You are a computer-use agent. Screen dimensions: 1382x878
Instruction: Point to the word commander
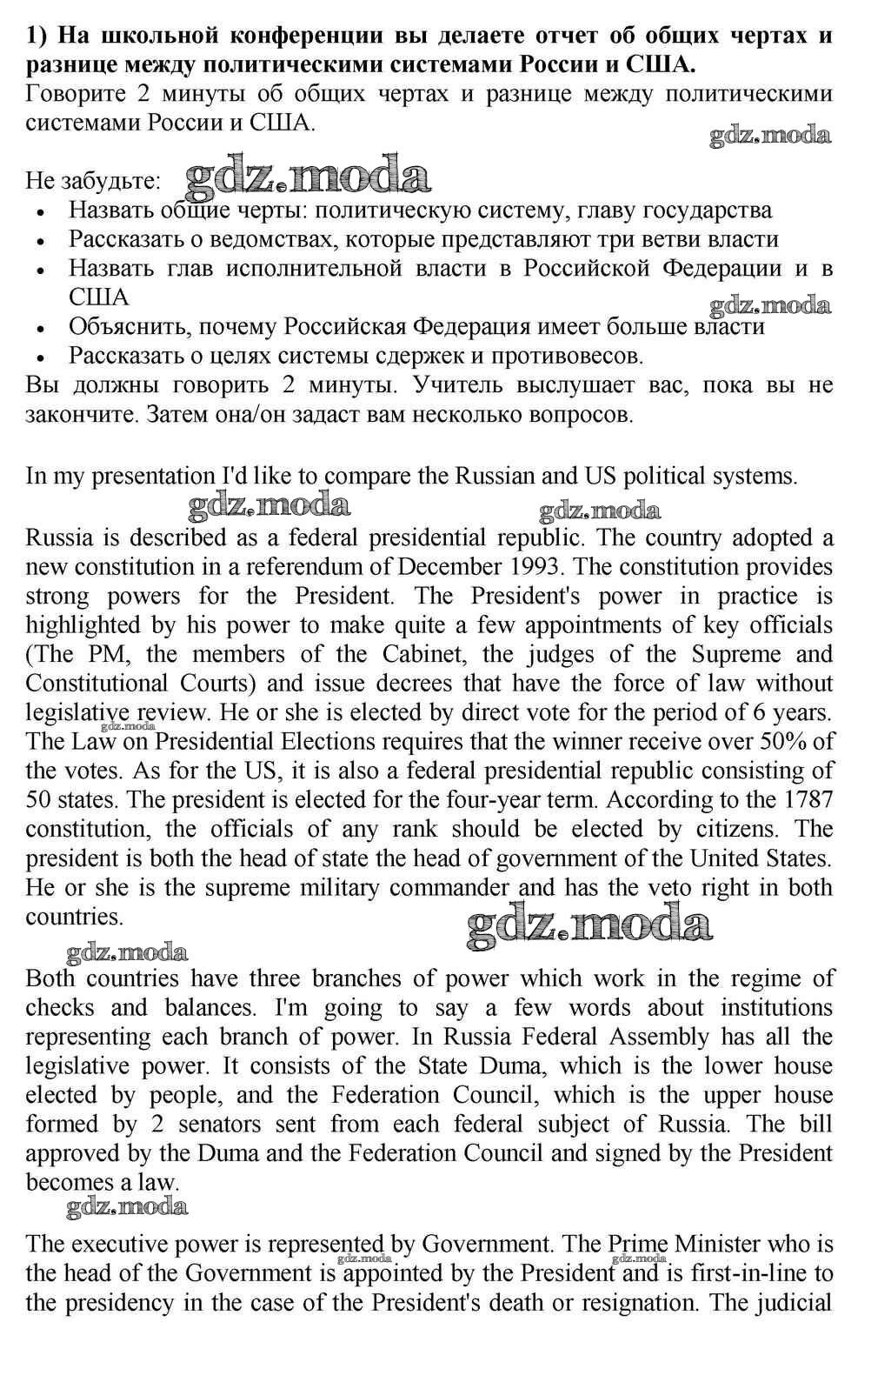[444, 888]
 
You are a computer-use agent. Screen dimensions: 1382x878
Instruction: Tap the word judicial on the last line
[790, 1303]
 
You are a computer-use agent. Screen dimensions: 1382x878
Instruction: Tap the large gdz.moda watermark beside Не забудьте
[309, 177]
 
